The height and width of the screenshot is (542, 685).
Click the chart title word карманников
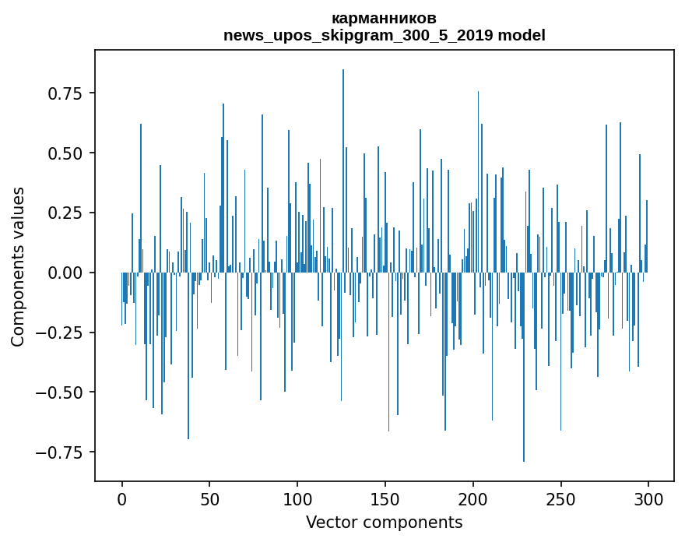pos(384,19)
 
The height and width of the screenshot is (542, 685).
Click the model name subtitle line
pos(384,36)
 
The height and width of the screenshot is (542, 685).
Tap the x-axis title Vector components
pos(384,523)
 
